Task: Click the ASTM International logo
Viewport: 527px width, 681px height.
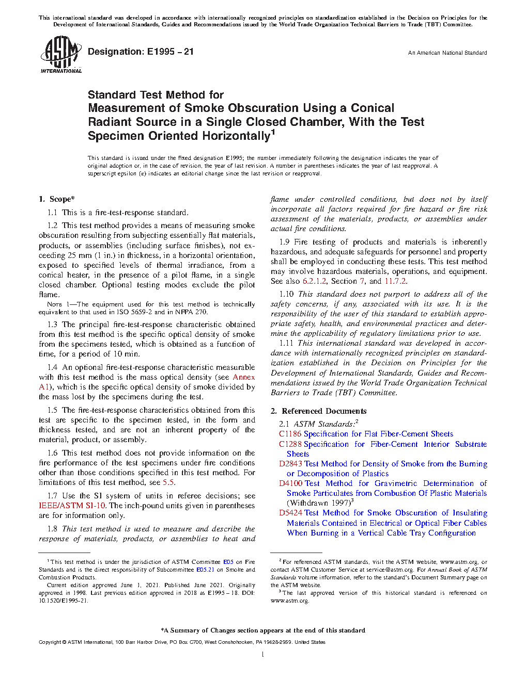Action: [x=61, y=55]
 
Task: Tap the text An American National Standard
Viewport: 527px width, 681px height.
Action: [x=447, y=53]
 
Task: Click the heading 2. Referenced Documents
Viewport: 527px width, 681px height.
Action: [x=319, y=411]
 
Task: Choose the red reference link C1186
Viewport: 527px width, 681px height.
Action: [x=290, y=434]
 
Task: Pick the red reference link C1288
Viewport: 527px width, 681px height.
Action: [x=290, y=444]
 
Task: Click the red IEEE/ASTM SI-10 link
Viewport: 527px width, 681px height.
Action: [x=72, y=506]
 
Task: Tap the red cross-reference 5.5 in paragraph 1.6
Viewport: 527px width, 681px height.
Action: [x=168, y=482]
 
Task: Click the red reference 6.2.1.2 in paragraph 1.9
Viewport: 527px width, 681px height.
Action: [x=314, y=281]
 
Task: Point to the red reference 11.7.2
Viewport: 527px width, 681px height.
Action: [x=395, y=281]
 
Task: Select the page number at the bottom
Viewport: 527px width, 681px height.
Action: [x=263, y=655]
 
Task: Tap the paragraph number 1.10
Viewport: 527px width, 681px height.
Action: [x=286, y=294]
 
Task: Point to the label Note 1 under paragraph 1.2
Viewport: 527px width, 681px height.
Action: [x=58, y=304]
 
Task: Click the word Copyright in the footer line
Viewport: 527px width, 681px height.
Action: [x=50, y=642]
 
